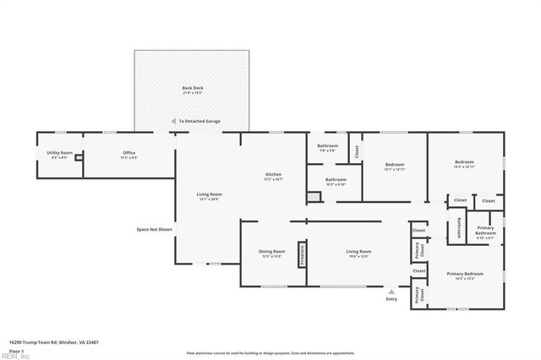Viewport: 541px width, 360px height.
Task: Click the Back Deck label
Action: [x=192, y=89]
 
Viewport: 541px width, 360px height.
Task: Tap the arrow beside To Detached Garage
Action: [x=173, y=122]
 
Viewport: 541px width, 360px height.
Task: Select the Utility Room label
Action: [x=59, y=154]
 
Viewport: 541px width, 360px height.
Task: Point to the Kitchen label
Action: [x=273, y=176]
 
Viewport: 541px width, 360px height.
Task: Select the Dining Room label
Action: [x=271, y=253]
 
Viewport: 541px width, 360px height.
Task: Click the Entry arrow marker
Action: [x=391, y=292]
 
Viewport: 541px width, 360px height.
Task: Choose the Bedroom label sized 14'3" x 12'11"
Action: [x=464, y=163]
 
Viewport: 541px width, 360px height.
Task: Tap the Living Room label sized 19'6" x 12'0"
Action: [x=358, y=253]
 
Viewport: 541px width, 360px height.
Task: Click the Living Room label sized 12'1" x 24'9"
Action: [x=209, y=196]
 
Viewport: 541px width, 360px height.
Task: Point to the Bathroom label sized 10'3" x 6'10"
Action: [x=336, y=180]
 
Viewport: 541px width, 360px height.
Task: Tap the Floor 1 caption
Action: [x=15, y=349]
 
